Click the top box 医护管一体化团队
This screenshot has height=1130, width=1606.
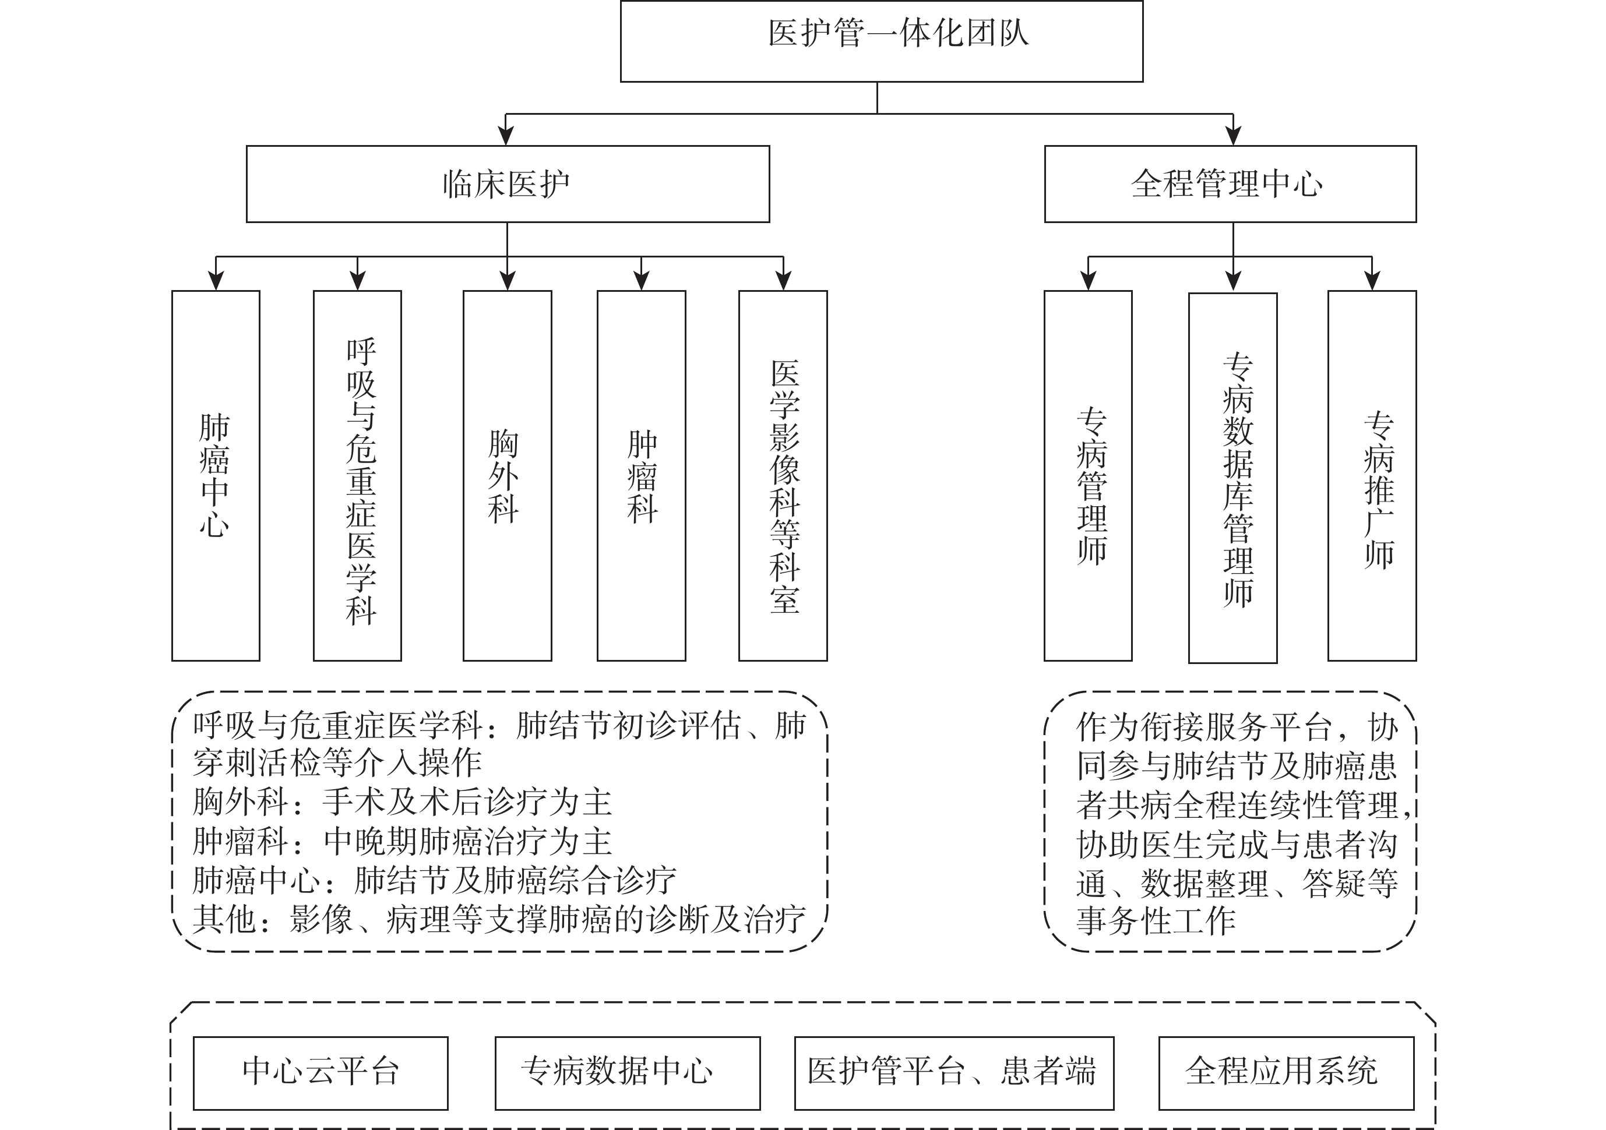pyautogui.click(x=881, y=41)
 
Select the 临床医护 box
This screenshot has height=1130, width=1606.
pyautogui.click(x=508, y=184)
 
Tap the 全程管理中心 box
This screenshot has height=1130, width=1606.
pyautogui.click(x=1230, y=184)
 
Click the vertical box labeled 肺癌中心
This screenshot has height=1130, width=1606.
pyautogui.click(x=216, y=475)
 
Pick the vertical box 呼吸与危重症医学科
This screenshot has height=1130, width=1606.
pyautogui.click(x=357, y=475)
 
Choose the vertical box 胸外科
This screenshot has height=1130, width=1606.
pyautogui.click(x=507, y=475)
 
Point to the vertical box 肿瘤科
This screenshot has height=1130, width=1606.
pyautogui.click(x=642, y=475)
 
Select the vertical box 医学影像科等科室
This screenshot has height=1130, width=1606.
pyautogui.click(x=783, y=475)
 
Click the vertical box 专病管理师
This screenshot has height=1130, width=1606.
pyautogui.click(x=1089, y=475)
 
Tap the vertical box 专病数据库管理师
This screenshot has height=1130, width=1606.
pyautogui.click(x=1233, y=478)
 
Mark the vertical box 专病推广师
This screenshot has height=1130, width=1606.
pyautogui.click(x=1372, y=475)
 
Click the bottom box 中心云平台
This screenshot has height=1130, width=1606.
pyautogui.click(x=321, y=1073)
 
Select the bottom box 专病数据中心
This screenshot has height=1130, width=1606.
pyautogui.click(x=628, y=1073)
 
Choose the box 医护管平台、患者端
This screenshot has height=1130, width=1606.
pyautogui.click(x=954, y=1073)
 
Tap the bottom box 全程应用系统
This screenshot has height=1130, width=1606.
pyautogui.click(x=1286, y=1073)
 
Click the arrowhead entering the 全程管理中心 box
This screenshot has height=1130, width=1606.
pyautogui.click(x=1233, y=136)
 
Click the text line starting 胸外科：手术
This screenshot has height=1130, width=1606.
pyautogui.click(x=402, y=802)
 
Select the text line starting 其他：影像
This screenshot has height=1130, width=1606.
pyautogui.click(x=499, y=920)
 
